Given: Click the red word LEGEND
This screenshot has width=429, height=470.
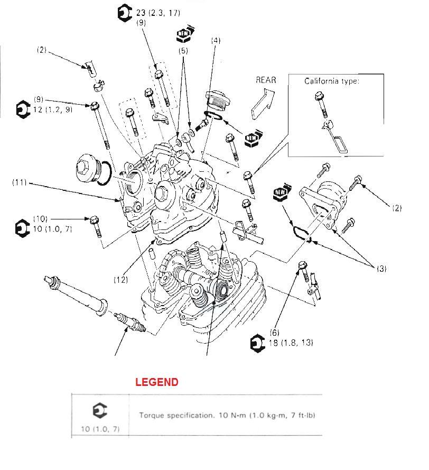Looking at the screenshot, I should [x=156, y=382].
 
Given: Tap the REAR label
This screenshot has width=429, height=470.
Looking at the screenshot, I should [x=266, y=80].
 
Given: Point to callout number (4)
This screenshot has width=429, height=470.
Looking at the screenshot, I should [x=216, y=40].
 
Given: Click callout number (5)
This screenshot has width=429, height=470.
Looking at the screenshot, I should [x=183, y=51].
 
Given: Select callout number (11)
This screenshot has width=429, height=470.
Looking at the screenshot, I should [x=20, y=183].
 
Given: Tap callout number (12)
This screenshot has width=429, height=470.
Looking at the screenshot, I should [x=121, y=280].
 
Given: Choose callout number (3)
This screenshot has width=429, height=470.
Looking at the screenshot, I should [x=381, y=269].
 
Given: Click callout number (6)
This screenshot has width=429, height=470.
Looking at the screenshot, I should [x=274, y=333].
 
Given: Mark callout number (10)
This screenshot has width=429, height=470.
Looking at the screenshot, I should [x=41, y=218].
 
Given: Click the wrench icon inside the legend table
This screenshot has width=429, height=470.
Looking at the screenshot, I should [x=100, y=411].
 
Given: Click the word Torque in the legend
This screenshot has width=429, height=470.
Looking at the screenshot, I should [x=151, y=415].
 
